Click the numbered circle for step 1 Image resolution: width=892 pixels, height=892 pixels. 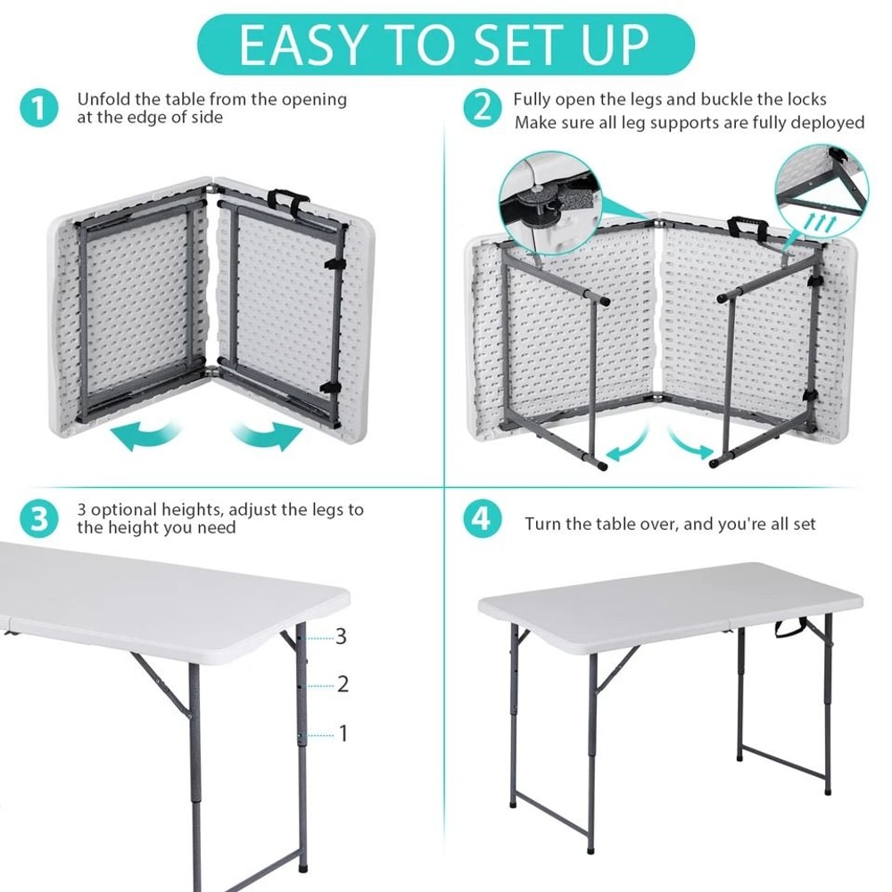click(37, 110)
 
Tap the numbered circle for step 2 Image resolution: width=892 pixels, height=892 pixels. click(482, 110)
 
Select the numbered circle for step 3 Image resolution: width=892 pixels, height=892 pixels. click(37, 519)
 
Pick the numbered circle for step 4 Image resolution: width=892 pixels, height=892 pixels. click(482, 519)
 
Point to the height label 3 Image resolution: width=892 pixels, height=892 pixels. click(341, 637)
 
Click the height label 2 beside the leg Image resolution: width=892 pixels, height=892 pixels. click(343, 685)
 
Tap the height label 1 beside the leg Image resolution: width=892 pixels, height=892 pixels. click(343, 734)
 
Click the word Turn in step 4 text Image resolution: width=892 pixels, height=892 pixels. click(543, 524)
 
